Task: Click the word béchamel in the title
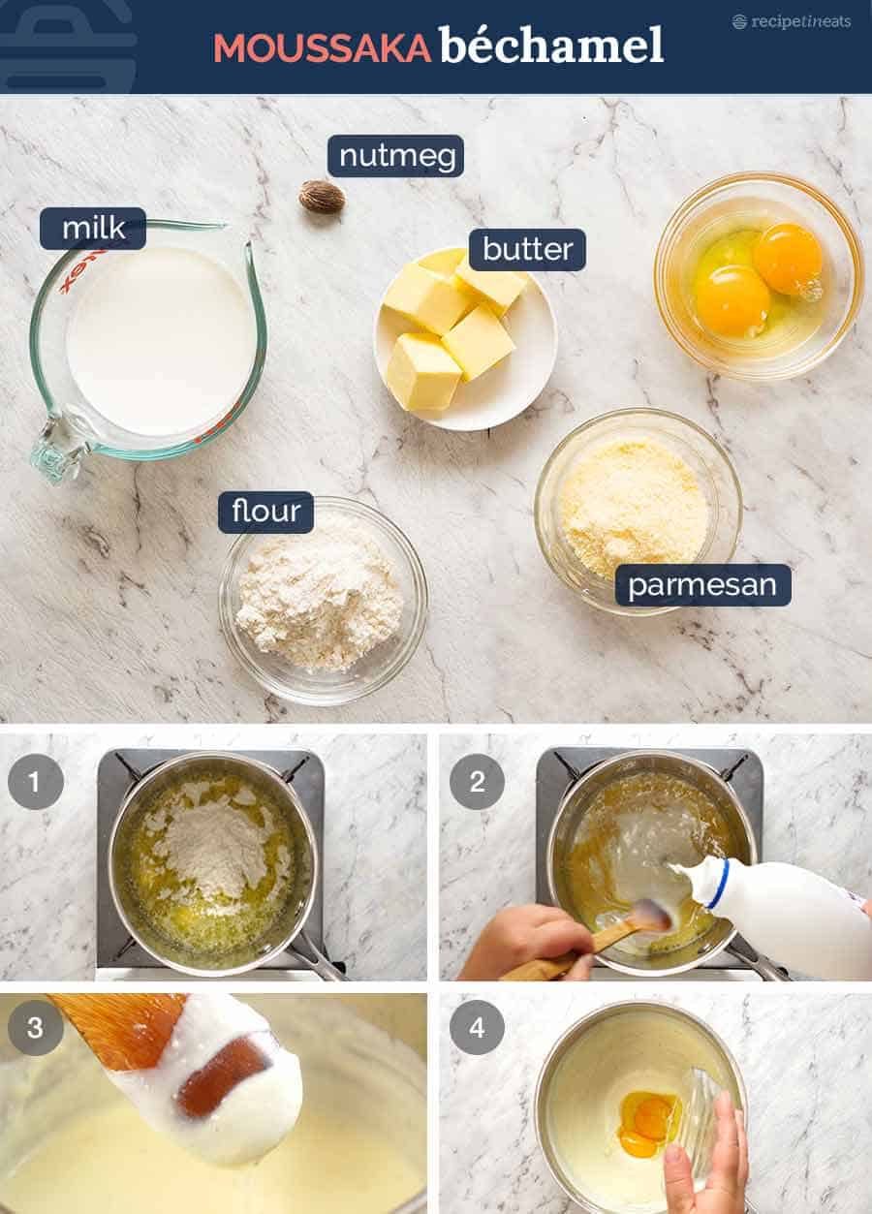[x=551, y=45]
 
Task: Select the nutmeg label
[x=395, y=156]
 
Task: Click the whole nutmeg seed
[x=322, y=197]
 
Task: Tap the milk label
[x=93, y=229]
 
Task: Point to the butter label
[x=527, y=250]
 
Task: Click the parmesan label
[x=702, y=585]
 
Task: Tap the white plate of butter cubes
[x=465, y=339]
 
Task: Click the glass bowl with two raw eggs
[x=758, y=276]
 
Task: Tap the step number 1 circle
[x=36, y=781]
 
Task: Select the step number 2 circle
[x=477, y=781]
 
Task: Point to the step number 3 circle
[x=36, y=1027]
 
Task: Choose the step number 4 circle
[x=477, y=1027]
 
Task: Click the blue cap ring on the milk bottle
[x=718, y=884]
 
